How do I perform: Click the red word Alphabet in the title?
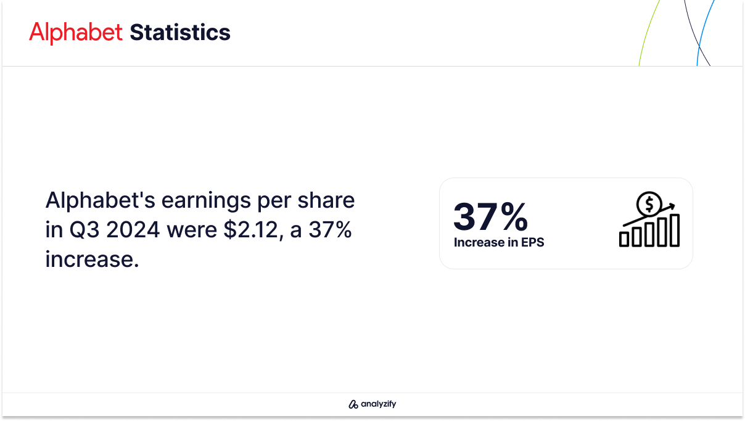point(76,32)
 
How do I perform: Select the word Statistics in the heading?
point(180,32)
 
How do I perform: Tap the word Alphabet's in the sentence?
point(100,200)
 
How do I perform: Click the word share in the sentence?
point(326,200)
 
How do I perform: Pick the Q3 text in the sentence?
point(84,231)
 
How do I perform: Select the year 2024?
point(133,230)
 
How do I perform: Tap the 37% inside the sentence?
point(330,230)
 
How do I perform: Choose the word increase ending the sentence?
point(92,260)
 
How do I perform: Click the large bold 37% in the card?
point(490,216)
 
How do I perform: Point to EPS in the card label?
point(532,242)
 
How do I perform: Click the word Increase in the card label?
point(479,242)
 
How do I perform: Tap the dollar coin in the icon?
point(649,204)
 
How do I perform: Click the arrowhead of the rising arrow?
point(671,206)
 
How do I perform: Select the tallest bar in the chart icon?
point(675,231)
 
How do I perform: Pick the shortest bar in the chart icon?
point(624,239)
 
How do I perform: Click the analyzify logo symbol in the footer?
point(353,404)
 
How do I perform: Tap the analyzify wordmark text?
point(379,404)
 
